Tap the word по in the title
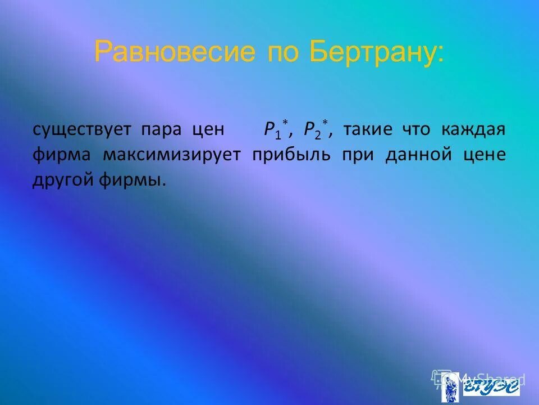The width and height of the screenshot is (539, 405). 280,52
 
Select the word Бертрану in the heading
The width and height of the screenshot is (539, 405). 375,52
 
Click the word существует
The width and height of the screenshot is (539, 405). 81,130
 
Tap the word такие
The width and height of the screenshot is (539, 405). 366,130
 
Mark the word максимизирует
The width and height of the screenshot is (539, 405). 171,155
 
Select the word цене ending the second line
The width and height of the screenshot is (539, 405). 485,155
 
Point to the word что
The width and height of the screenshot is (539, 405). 415,130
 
